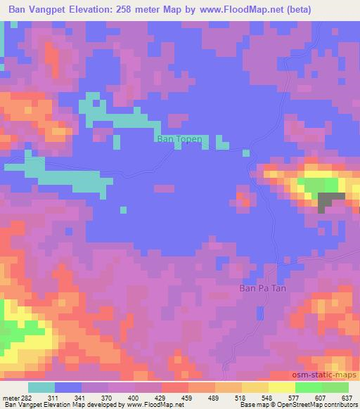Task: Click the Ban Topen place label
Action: (179, 139)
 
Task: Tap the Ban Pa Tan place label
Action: (264, 287)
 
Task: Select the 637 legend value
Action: (346, 398)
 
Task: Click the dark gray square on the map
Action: (328, 202)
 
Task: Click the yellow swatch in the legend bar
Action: (281, 388)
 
